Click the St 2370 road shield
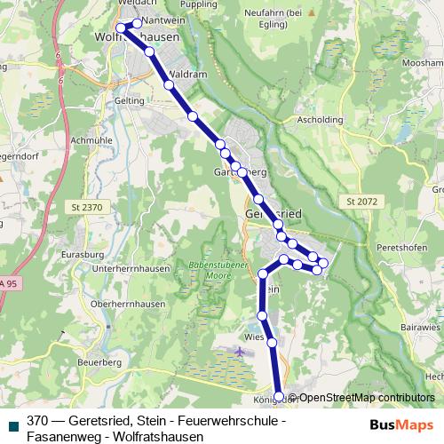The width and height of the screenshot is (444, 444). tap(84, 207)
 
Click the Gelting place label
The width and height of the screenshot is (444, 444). tap(129, 102)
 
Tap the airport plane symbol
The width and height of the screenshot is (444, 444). tap(241, 352)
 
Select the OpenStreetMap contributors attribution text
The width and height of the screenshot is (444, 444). tap(367, 398)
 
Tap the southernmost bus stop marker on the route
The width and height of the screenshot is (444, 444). tap(279, 396)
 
